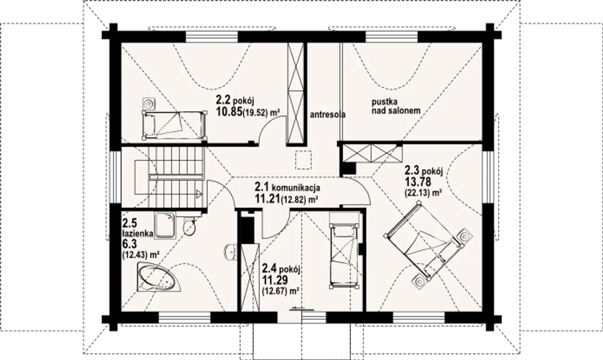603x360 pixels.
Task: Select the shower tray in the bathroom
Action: pyautogui.click(x=165, y=226)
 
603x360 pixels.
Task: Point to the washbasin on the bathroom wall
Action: pyautogui.click(x=230, y=252)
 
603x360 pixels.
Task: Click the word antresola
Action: pyautogui.click(x=327, y=115)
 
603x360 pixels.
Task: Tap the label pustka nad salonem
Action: pyautogui.click(x=396, y=106)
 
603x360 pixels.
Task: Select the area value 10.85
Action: pyautogui.click(x=228, y=112)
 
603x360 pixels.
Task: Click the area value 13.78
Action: pyautogui.click(x=418, y=181)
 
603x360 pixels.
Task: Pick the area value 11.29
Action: pyautogui.click(x=275, y=280)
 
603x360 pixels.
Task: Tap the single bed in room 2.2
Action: pyautogui.click(x=174, y=125)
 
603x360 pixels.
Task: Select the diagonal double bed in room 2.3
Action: pyautogui.click(x=424, y=240)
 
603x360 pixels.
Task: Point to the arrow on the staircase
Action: pyautogui.click(x=199, y=194)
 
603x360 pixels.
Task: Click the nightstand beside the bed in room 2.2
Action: pyautogui.click(x=148, y=103)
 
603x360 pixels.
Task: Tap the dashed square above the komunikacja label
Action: pyautogui.click(x=303, y=160)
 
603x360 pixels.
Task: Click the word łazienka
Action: pyautogui.click(x=138, y=234)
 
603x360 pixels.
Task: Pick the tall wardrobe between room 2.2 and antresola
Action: pyautogui.click(x=295, y=94)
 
